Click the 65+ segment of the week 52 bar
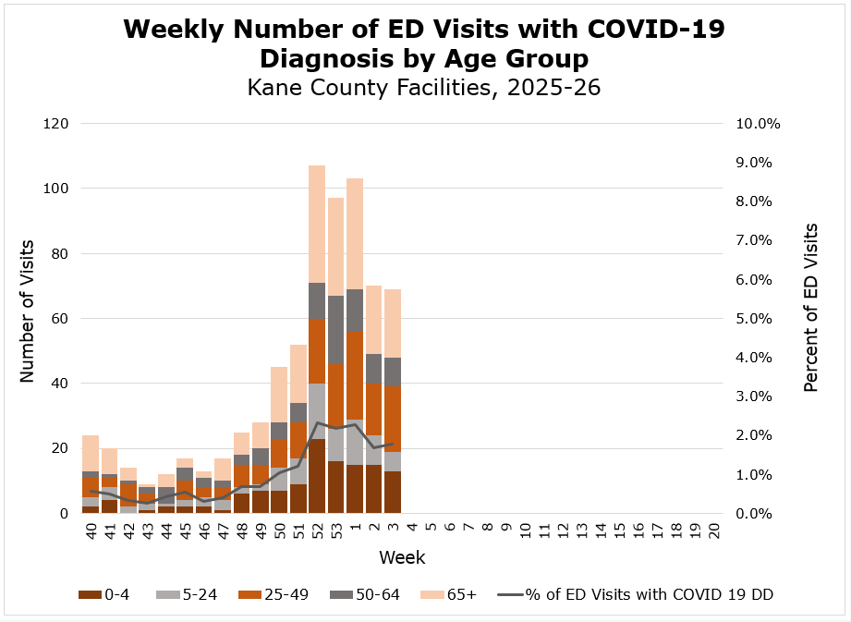coord(318,224)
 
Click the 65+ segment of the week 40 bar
coord(91,453)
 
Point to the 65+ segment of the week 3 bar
coord(394,323)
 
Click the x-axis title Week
coord(402,558)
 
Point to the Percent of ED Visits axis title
coord(811,308)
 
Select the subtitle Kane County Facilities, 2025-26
coord(424,89)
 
